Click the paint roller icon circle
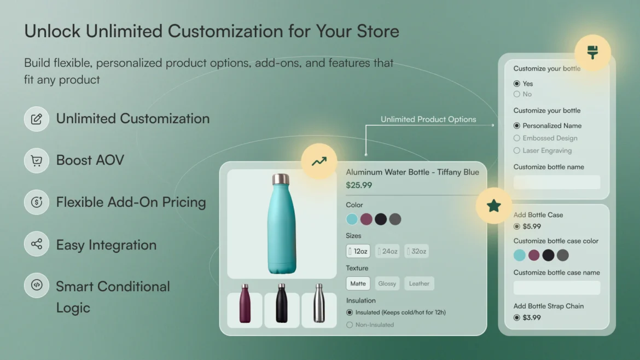click(x=592, y=53)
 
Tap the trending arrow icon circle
click(x=319, y=161)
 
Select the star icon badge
click(x=494, y=206)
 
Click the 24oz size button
click(x=387, y=251)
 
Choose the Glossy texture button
click(x=387, y=283)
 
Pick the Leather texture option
click(x=419, y=283)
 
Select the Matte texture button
click(x=358, y=283)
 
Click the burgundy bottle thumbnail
click(x=245, y=310)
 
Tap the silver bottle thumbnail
click(x=319, y=310)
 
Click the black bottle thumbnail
click(x=282, y=310)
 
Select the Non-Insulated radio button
click(x=350, y=325)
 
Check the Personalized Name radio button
click(x=517, y=126)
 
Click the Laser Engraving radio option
click(x=517, y=150)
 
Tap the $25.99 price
click(x=359, y=185)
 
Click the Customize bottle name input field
click(x=557, y=182)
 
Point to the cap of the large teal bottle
click(x=281, y=179)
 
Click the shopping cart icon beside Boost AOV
click(x=37, y=160)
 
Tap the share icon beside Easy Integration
click(x=37, y=244)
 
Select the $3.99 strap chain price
click(x=532, y=317)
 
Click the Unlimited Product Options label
click(x=428, y=119)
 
